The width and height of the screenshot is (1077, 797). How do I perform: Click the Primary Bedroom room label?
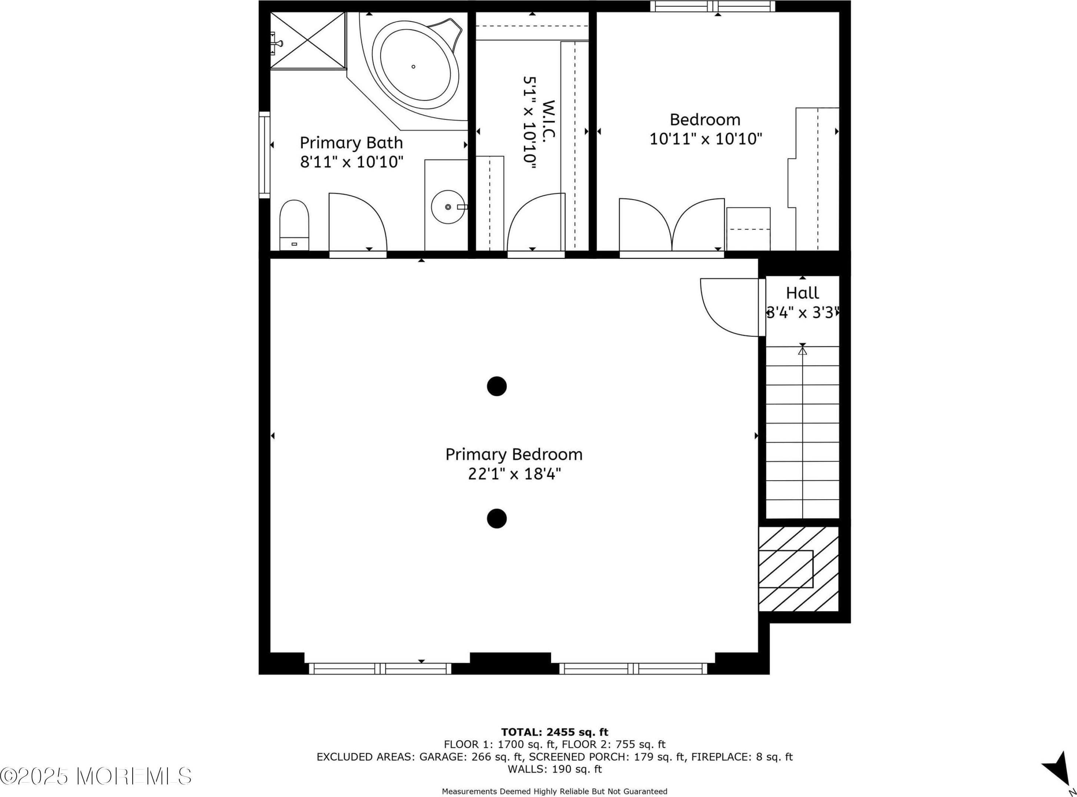pos(514,454)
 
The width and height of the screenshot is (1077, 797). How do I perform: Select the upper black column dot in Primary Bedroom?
pos(497,386)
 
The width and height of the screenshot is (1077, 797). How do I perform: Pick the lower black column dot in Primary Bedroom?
pos(497,518)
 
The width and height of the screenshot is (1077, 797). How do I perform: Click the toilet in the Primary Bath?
pos(294,225)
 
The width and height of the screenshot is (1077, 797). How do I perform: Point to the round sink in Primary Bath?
pos(448,207)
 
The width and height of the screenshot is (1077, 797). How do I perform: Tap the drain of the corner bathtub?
pos(413,67)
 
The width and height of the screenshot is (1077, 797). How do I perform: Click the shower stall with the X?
pos(308,40)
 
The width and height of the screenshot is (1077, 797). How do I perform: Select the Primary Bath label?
pos(351,143)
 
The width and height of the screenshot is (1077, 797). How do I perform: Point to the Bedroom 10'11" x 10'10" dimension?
pos(706,139)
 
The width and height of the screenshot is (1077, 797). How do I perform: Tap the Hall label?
pos(802,293)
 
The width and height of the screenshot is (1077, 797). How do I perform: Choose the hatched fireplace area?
pos(798,569)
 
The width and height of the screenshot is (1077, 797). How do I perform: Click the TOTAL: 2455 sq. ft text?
pos(555,732)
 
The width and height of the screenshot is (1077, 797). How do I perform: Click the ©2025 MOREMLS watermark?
pos(96,776)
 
